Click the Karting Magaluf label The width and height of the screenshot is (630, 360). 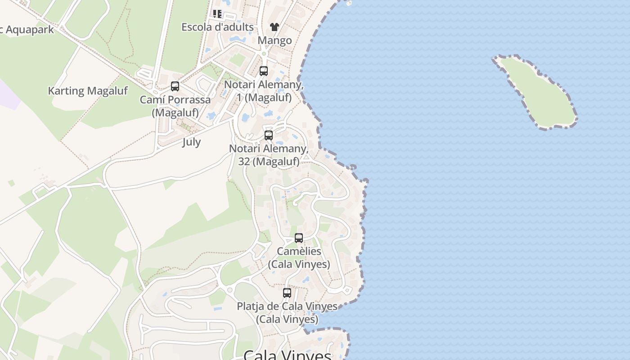click(x=88, y=91)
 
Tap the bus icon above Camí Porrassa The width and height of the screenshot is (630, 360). click(x=175, y=86)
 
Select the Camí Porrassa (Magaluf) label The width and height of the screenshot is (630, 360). click(x=175, y=106)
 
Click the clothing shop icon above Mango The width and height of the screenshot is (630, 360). click(x=274, y=27)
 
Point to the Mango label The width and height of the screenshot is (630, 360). click(x=274, y=40)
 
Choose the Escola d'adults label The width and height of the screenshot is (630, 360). click(x=217, y=27)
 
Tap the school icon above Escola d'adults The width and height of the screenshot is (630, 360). click(x=217, y=14)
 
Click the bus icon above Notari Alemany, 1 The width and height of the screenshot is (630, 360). click(x=264, y=71)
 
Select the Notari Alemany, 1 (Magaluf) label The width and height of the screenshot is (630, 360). click(x=264, y=90)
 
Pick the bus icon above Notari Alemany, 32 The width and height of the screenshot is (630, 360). click(x=269, y=135)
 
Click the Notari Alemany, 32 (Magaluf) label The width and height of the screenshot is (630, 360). click(x=269, y=155)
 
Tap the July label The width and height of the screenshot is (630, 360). click(x=191, y=142)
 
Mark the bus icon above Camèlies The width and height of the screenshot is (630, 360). click(x=299, y=238)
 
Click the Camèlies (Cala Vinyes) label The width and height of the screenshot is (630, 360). click(x=299, y=257)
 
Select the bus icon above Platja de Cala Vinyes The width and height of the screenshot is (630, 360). click(x=287, y=293)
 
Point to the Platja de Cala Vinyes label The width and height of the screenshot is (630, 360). click(x=287, y=312)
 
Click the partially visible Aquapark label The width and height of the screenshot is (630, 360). click(x=27, y=30)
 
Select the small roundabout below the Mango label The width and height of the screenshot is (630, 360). click(x=264, y=54)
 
